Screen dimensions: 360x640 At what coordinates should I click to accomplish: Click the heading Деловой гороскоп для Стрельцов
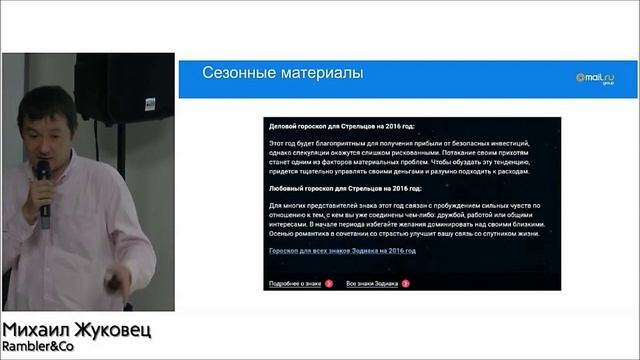tap(341, 127)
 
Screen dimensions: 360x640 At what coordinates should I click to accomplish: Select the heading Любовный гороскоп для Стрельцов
tap(344, 188)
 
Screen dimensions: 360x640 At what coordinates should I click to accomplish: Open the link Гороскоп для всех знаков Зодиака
tap(342, 250)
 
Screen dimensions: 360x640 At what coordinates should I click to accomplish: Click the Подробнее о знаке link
tap(294, 284)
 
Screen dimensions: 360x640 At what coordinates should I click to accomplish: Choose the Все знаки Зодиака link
tap(372, 284)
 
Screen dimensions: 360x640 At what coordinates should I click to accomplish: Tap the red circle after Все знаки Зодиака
tap(406, 284)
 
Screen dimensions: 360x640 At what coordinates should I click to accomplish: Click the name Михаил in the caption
tap(37, 331)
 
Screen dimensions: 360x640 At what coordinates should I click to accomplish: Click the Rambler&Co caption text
tap(39, 349)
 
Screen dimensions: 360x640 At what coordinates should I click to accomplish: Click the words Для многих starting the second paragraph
tap(288, 205)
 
